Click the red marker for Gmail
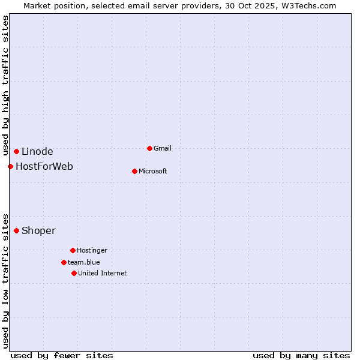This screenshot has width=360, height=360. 149,148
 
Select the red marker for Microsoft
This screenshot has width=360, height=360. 134,171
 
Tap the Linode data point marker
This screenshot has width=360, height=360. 16,151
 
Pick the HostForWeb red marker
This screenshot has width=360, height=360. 10,166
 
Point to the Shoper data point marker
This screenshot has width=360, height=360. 16,230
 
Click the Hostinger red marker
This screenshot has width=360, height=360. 73,250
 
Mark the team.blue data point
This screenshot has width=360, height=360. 64,262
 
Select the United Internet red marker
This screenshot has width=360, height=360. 74,273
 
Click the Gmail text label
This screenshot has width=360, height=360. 163,148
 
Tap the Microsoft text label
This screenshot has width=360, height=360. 152,171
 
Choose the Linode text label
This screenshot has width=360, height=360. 37,151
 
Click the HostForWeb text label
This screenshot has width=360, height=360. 44,166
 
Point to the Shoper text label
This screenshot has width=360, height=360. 38,230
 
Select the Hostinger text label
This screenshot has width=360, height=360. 92,250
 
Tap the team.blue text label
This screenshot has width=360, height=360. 83,262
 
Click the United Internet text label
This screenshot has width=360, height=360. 102,273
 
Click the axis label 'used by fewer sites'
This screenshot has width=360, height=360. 62,355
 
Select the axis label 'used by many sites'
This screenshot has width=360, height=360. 301,355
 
